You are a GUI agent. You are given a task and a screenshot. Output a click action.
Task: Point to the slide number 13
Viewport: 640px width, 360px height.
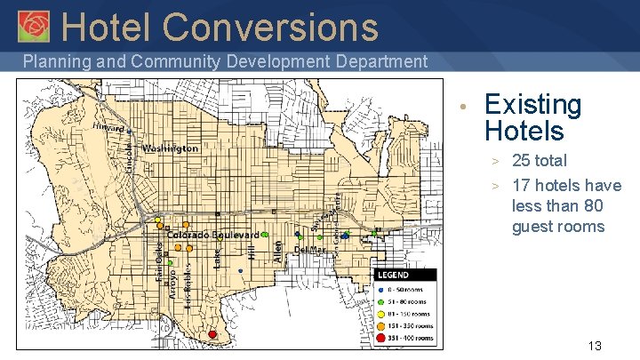pos(595,345)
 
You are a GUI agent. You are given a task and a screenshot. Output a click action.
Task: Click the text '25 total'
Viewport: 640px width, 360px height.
pos(540,161)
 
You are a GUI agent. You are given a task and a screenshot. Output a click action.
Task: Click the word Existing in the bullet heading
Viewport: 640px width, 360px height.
pos(532,105)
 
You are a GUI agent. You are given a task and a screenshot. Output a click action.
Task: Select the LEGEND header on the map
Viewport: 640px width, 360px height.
pos(393,276)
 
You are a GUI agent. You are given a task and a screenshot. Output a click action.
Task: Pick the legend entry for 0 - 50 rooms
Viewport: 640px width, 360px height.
pos(405,289)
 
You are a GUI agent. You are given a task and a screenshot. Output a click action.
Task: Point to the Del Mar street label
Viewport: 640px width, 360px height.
pos(309,251)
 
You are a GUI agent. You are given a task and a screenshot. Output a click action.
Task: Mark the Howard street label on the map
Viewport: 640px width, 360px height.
pos(108,128)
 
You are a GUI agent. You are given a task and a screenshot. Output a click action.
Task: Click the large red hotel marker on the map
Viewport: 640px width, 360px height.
pos(212,334)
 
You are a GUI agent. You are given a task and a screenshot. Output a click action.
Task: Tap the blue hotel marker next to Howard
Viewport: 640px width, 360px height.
pos(129,132)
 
